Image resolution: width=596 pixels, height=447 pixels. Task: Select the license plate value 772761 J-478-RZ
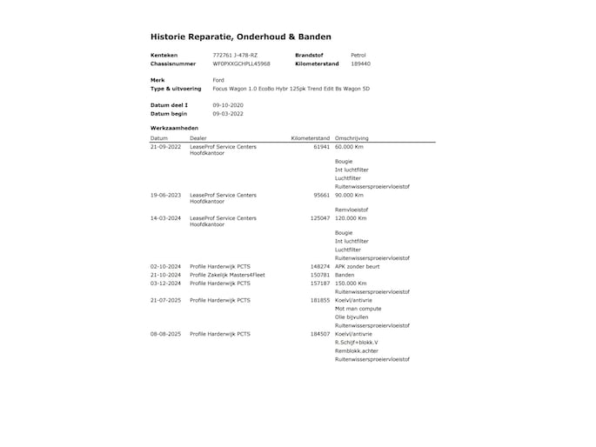[x=235, y=55]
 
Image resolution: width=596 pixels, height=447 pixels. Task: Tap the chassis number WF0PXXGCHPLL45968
[x=241, y=63]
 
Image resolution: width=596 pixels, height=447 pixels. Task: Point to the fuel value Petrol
[x=358, y=55]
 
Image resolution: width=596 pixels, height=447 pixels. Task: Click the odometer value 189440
[x=360, y=63]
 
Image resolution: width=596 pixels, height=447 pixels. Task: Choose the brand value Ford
[x=218, y=80]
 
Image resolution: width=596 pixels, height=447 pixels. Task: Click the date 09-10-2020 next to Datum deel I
[x=228, y=104]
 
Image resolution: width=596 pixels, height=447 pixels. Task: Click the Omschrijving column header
[x=352, y=138]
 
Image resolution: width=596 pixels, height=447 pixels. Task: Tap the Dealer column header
[x=198, y=138]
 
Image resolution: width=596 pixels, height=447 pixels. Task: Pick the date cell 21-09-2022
[x=165, y=147]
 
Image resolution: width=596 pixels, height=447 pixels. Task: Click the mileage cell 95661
[x=321, y=195]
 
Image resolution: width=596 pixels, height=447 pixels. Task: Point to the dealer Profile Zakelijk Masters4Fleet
[x=227, y=275]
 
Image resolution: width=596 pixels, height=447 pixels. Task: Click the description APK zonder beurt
[x=357, y=266]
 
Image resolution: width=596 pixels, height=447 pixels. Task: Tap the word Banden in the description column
[x=345, y=275]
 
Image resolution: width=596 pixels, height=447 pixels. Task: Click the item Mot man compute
[x=358, y=309]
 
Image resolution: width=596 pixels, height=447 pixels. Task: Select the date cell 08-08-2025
[x=165, y=334]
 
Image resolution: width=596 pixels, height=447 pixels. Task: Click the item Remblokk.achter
[x=357, y=350]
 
